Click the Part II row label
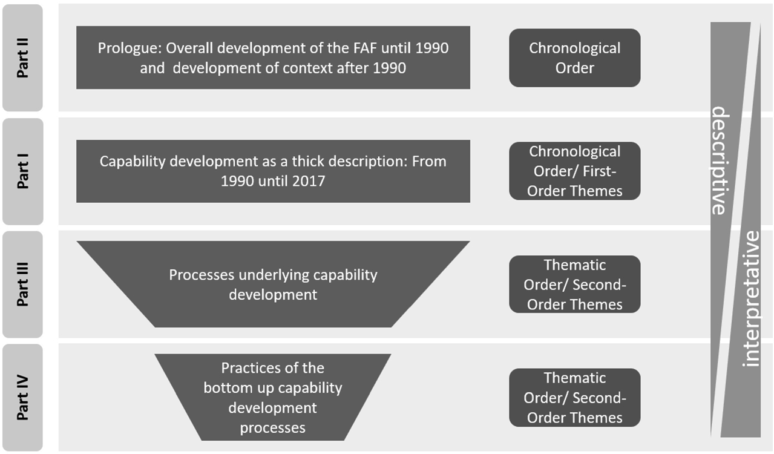(x=22, y=58)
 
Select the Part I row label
(x=22, y=171)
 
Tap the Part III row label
(x=22, y=285)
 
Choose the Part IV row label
(x=22, y=398)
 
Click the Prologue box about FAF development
(x=273, y=58)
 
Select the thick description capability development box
(x=273, y=171)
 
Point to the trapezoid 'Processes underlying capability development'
(x=273, y=285)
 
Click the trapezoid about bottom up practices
(x=273, y=398)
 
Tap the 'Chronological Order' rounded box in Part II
(x=574, y=58)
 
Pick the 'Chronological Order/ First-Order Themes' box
(x=574, y=171)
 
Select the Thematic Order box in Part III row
(x=574, y=285)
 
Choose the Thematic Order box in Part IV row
(x=574, y=398)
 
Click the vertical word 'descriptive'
(x=719, y=160)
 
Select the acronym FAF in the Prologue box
(x=371, y=48)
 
